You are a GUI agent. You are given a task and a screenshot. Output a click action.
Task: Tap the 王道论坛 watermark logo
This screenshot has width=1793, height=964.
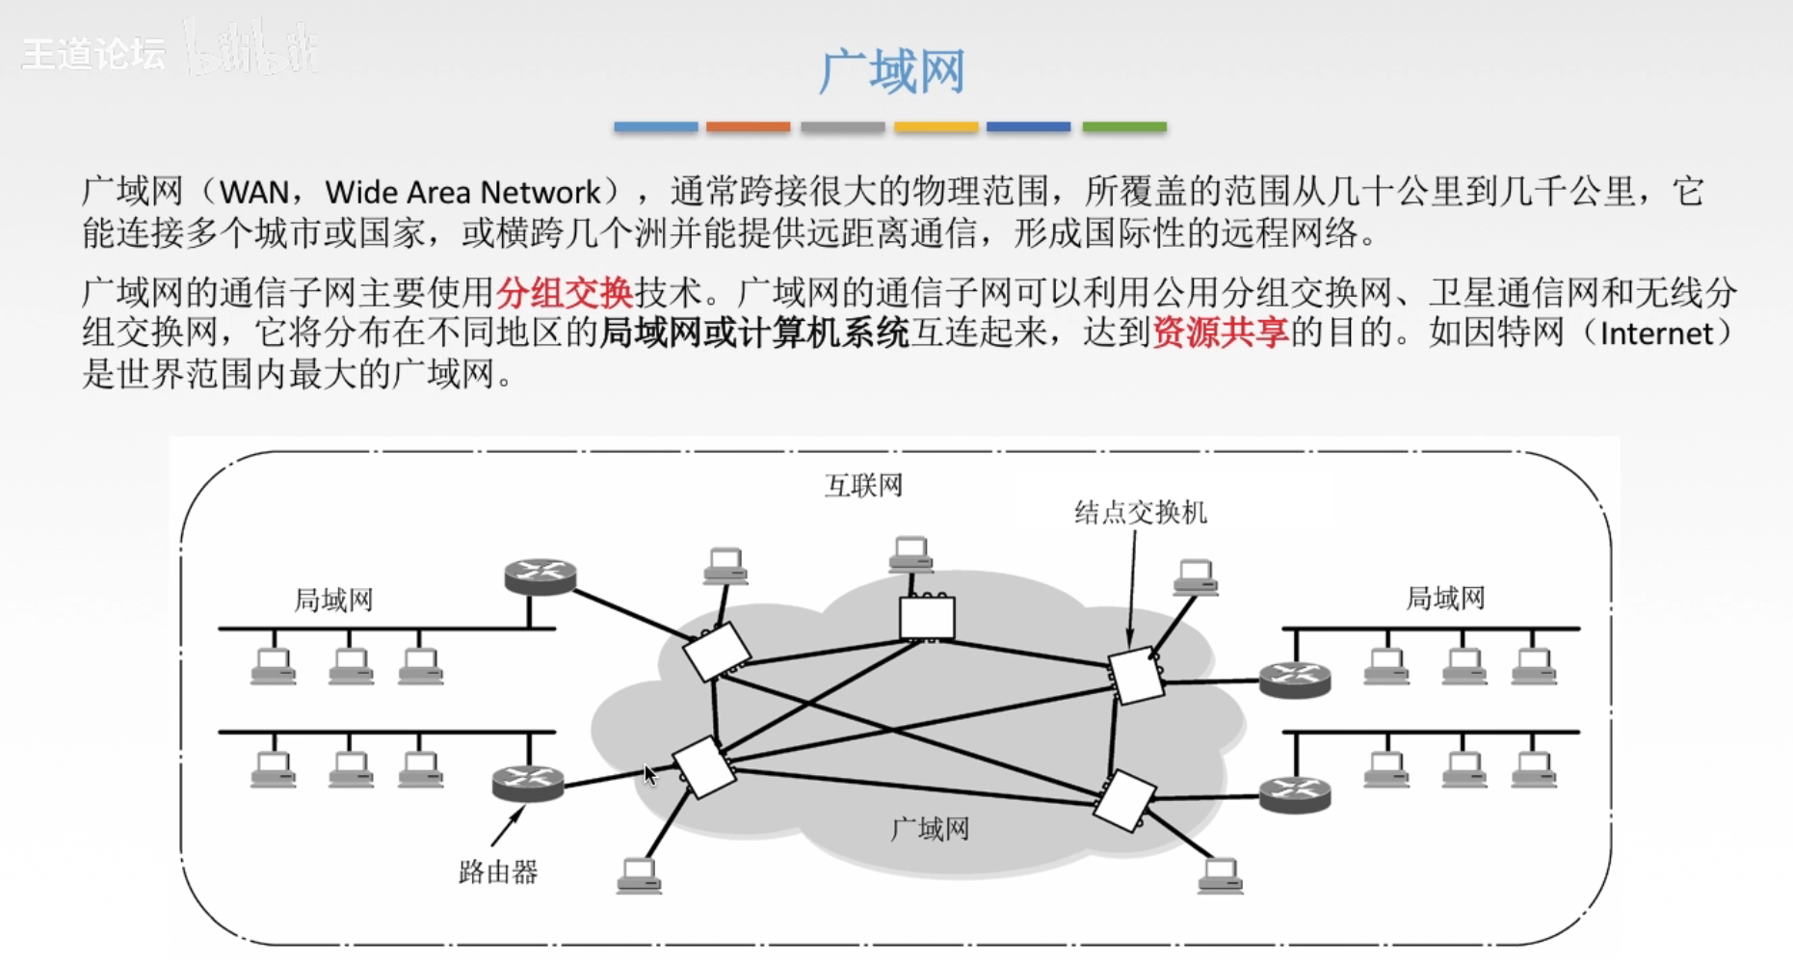(x=93, y=54)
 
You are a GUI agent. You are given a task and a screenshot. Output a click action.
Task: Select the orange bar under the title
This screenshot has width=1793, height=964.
(x=748, y=126)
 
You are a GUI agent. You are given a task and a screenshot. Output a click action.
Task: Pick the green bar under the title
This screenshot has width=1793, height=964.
(x=1124, y=126)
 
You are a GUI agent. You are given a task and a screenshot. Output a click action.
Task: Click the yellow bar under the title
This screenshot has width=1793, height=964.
(x=936, y=126)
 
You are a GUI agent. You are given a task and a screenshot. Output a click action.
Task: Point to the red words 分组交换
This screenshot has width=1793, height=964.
(x=564, y=291)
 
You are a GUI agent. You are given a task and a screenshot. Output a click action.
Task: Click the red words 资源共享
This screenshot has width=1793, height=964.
(x=1220, y=333)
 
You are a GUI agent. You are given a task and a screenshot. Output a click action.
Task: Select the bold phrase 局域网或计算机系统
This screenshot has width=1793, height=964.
(x=754, y=333)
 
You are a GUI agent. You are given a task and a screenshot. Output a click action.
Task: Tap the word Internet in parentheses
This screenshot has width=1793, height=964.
(x=1656, y=334)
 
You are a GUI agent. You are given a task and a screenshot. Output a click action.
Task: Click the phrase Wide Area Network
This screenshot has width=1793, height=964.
(x=462, y=192)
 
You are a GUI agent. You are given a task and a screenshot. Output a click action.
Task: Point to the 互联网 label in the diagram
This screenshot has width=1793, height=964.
(x=863, y=485)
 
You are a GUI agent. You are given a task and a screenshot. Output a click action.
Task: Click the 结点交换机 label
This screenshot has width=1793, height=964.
(x=1141, y=512)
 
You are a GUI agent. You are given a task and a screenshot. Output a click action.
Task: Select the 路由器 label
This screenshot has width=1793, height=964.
(x=498, y=872)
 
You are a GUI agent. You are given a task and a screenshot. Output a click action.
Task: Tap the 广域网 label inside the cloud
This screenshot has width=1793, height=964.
(x=930, y=829)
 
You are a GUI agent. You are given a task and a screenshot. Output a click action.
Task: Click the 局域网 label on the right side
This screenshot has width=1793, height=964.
(x=1445, y=599)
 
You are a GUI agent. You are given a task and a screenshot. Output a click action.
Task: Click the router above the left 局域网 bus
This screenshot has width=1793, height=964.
(x=541, y=576)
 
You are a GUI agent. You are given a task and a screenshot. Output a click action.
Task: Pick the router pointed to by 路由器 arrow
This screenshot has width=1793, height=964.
(x=527, y=783)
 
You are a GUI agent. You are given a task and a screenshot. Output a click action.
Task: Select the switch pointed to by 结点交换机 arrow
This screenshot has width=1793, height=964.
(x=1136, y=675)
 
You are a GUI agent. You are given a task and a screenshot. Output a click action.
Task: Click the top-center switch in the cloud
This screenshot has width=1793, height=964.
(x=927, y=617)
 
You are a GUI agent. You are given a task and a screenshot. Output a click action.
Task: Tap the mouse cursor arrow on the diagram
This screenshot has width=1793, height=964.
(x=650, y=775)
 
